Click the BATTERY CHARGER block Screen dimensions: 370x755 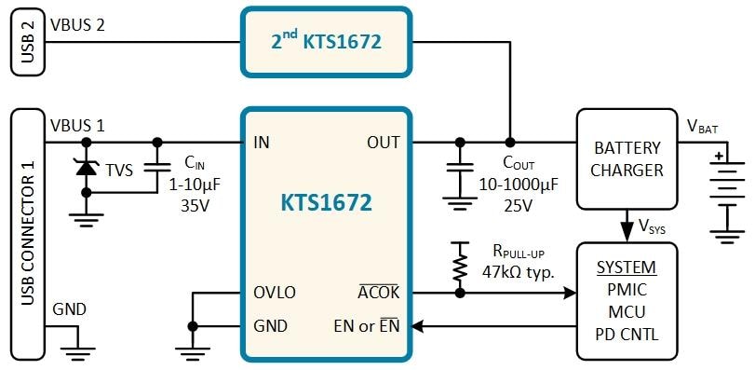627,158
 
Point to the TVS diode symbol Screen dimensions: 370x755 87,168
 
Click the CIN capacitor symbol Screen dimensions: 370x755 157,168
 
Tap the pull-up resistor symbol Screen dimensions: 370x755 458,264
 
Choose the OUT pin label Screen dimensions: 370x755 382,143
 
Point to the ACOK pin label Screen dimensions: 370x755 378,293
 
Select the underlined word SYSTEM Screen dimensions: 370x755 627,268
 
